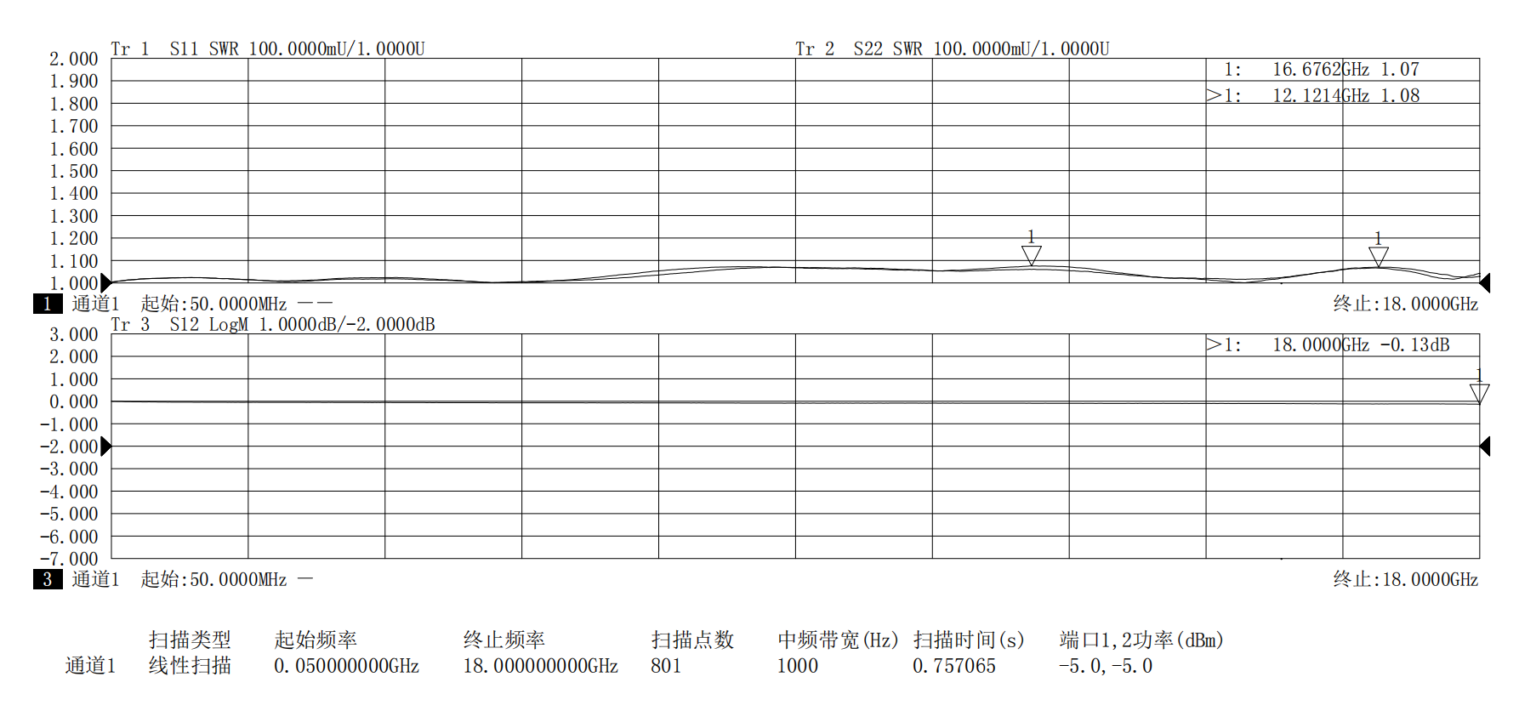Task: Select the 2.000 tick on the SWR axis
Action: [74, 59]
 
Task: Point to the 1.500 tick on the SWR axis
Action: [74, 171]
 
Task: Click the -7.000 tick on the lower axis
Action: [69, 559]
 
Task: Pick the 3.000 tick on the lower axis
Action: [74, 334]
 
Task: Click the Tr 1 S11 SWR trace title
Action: [268, 48]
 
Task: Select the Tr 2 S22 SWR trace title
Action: [953, 48]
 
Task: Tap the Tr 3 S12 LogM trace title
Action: [273, 324]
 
